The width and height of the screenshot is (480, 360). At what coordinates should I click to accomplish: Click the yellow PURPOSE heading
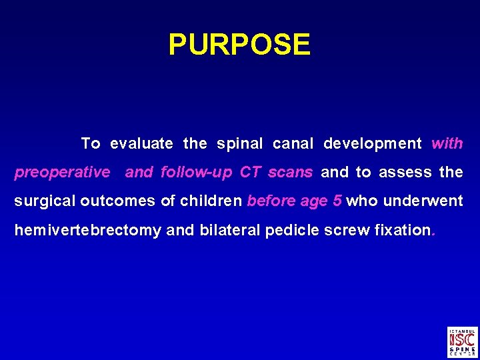coord(239,45)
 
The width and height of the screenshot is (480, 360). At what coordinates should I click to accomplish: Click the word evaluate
coord(141,143)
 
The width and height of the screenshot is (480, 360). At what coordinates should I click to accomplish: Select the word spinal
coord(241,143)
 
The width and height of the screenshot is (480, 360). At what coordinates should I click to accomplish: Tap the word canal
coord(293,143)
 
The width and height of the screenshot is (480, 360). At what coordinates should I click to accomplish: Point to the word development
coord(373,143)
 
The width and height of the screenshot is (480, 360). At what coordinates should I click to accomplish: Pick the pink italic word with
coord(447,143)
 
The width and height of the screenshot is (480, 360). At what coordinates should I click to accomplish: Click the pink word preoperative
coord(62,173)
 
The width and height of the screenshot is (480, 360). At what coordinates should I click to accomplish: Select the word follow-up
coord(197,172)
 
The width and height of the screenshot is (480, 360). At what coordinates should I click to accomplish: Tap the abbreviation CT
coord(250,172)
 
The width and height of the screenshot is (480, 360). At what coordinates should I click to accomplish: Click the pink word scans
coord(290,172)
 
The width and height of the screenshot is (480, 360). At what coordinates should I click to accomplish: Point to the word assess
coord(405,172)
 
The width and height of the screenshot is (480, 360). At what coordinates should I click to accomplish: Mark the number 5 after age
coord(338,201)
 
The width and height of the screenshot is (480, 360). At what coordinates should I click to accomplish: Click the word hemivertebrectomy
coord(87,230)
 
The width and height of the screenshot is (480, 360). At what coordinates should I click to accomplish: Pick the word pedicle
coord(293,230)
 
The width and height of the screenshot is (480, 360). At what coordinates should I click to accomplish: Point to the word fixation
coord(403,230)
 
